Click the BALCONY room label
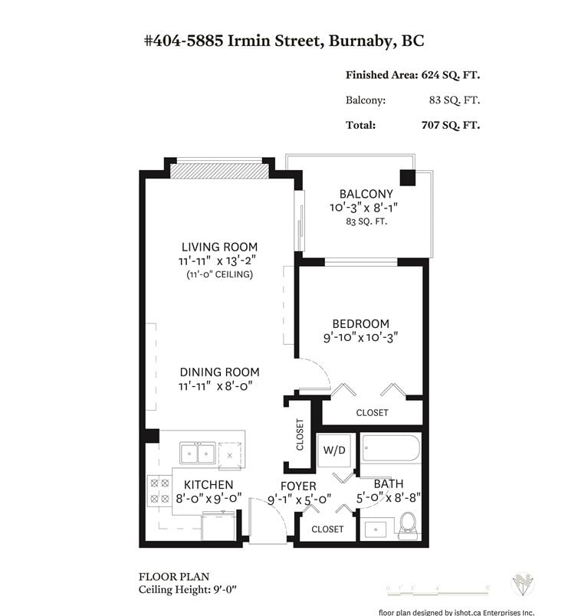click(366, 194)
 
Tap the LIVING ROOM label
click(219, 247)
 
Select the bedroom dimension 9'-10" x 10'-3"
click(360, 337)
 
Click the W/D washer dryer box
click(334, 451)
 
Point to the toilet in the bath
click(408, 526)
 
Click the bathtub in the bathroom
click(391, 448)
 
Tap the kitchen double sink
click(197, 454)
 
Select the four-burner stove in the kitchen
click(159, 491)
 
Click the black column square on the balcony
click(408, 178)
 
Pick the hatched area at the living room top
click(219, 172)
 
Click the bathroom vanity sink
click(376, 529)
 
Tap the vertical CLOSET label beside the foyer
click(300, 434)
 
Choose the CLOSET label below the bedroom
click(372, 413)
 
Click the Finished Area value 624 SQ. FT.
click(451, 75)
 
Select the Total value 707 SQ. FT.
click(451, 126)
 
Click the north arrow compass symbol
click(523, 585)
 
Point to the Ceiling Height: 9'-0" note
click(188, 590)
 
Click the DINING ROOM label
click(219, 372)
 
